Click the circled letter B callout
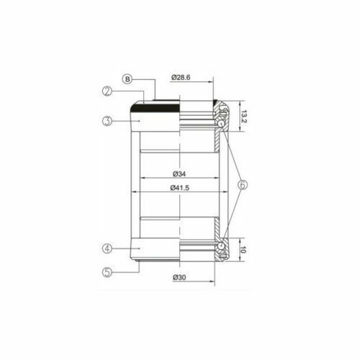[127, 79]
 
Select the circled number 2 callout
[107, 91]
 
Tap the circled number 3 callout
[107, 121]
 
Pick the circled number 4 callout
[107, 248]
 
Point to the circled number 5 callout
[107, 272]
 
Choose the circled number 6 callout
[242, 185]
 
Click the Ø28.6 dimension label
[181, 78]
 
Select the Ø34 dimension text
[179, 174]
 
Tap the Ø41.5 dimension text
[179, 188]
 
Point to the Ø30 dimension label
[179, 277]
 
